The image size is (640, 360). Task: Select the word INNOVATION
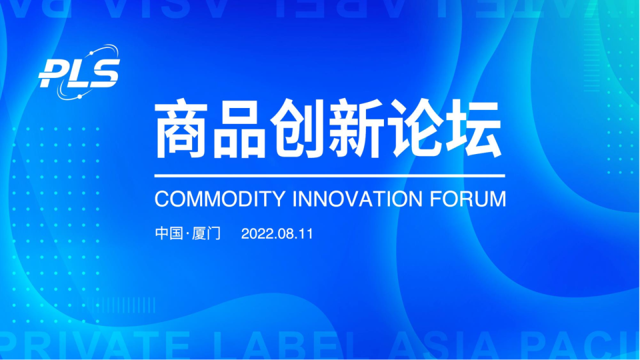pos(357,199)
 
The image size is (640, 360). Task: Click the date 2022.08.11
pos(277,234)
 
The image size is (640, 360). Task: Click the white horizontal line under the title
pos(329,176)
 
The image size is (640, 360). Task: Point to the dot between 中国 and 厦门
pos(188,235)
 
